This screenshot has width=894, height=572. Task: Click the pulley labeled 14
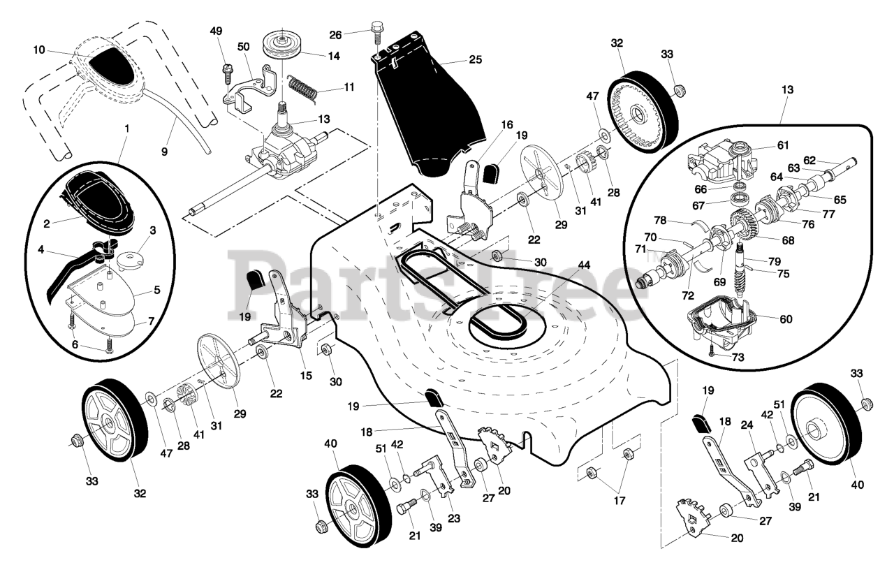tap(281, 47)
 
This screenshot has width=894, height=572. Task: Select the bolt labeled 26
tap(376, 38)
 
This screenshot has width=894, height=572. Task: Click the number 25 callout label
tap(475, 59)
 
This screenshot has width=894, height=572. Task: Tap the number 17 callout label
tap(620, 500)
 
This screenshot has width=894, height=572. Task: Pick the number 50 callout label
tap(243, 46)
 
